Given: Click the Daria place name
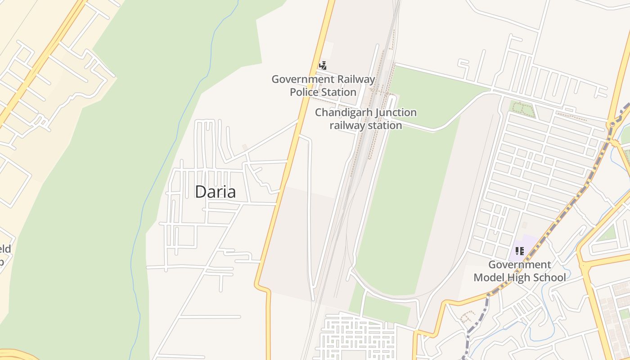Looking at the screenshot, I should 215,192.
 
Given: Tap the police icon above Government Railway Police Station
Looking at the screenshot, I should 322,66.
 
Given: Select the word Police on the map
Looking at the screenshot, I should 304,92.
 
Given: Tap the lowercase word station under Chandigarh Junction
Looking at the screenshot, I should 384,126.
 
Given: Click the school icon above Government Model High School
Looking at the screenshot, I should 520,251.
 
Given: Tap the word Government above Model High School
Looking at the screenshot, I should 520,265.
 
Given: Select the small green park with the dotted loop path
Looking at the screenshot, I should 522,108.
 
